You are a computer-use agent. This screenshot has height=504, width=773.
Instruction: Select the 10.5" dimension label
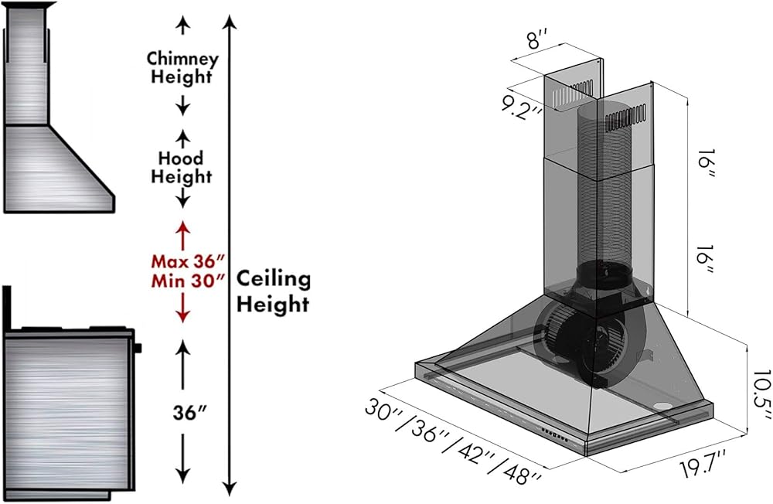[x=761, y=394]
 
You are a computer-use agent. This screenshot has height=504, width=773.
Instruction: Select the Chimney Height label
[x=182, y=67]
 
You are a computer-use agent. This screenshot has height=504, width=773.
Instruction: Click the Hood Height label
[x=182, y=167]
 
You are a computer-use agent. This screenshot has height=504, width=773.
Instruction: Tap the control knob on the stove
[x=138, y=348]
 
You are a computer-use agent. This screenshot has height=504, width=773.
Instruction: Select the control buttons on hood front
[x=554, y=434]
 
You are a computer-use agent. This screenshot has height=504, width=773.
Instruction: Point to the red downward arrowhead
[x=183, y=317]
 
